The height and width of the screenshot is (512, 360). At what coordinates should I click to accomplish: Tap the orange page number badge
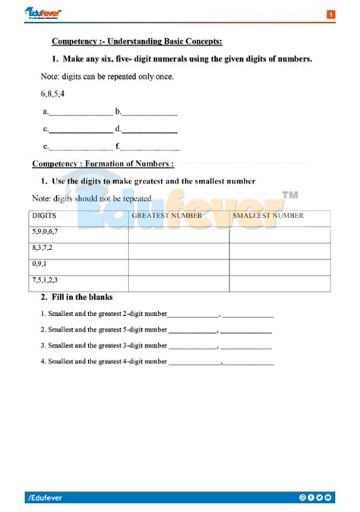pos(331,14)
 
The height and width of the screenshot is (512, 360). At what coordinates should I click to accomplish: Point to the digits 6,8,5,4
pos(52,93)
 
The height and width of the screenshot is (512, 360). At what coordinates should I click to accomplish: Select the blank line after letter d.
pos(150,131)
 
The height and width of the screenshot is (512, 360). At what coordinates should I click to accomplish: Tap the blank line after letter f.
pos(150,147)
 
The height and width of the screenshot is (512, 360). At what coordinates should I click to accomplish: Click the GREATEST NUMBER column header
pos(167,216)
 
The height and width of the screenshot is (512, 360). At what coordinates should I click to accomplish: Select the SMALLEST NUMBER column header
pos(268,216)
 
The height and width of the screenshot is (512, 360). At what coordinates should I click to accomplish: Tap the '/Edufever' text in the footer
pos(46,498)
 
